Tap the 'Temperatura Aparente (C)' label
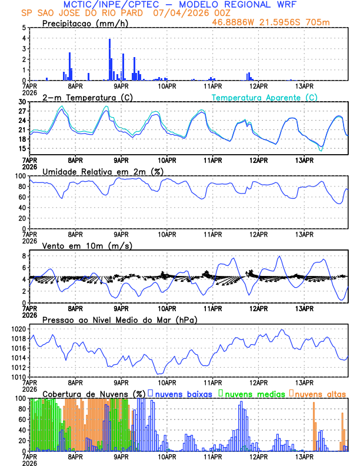pos(264,97)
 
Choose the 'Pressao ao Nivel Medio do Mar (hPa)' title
pos(119,319)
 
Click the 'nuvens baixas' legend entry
pos(184,394)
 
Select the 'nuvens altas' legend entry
pos(321,394)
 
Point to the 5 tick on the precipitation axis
pos(24,28)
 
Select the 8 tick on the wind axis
pos(24,256)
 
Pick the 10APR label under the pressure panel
pos(166,382)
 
